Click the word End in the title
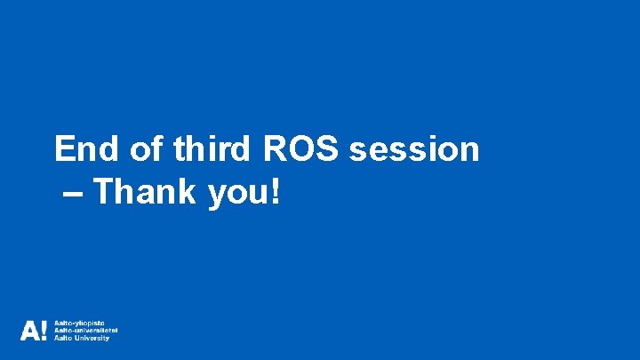[83, 148]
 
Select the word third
[212, 148]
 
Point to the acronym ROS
[300, 148]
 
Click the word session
[414, 148]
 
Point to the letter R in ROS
[275, 148]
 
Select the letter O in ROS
[300, 148]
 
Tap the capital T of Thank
[103, 191]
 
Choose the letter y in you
[216, 196]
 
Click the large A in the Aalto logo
[29, 332]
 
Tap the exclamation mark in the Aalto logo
[44, 332]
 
